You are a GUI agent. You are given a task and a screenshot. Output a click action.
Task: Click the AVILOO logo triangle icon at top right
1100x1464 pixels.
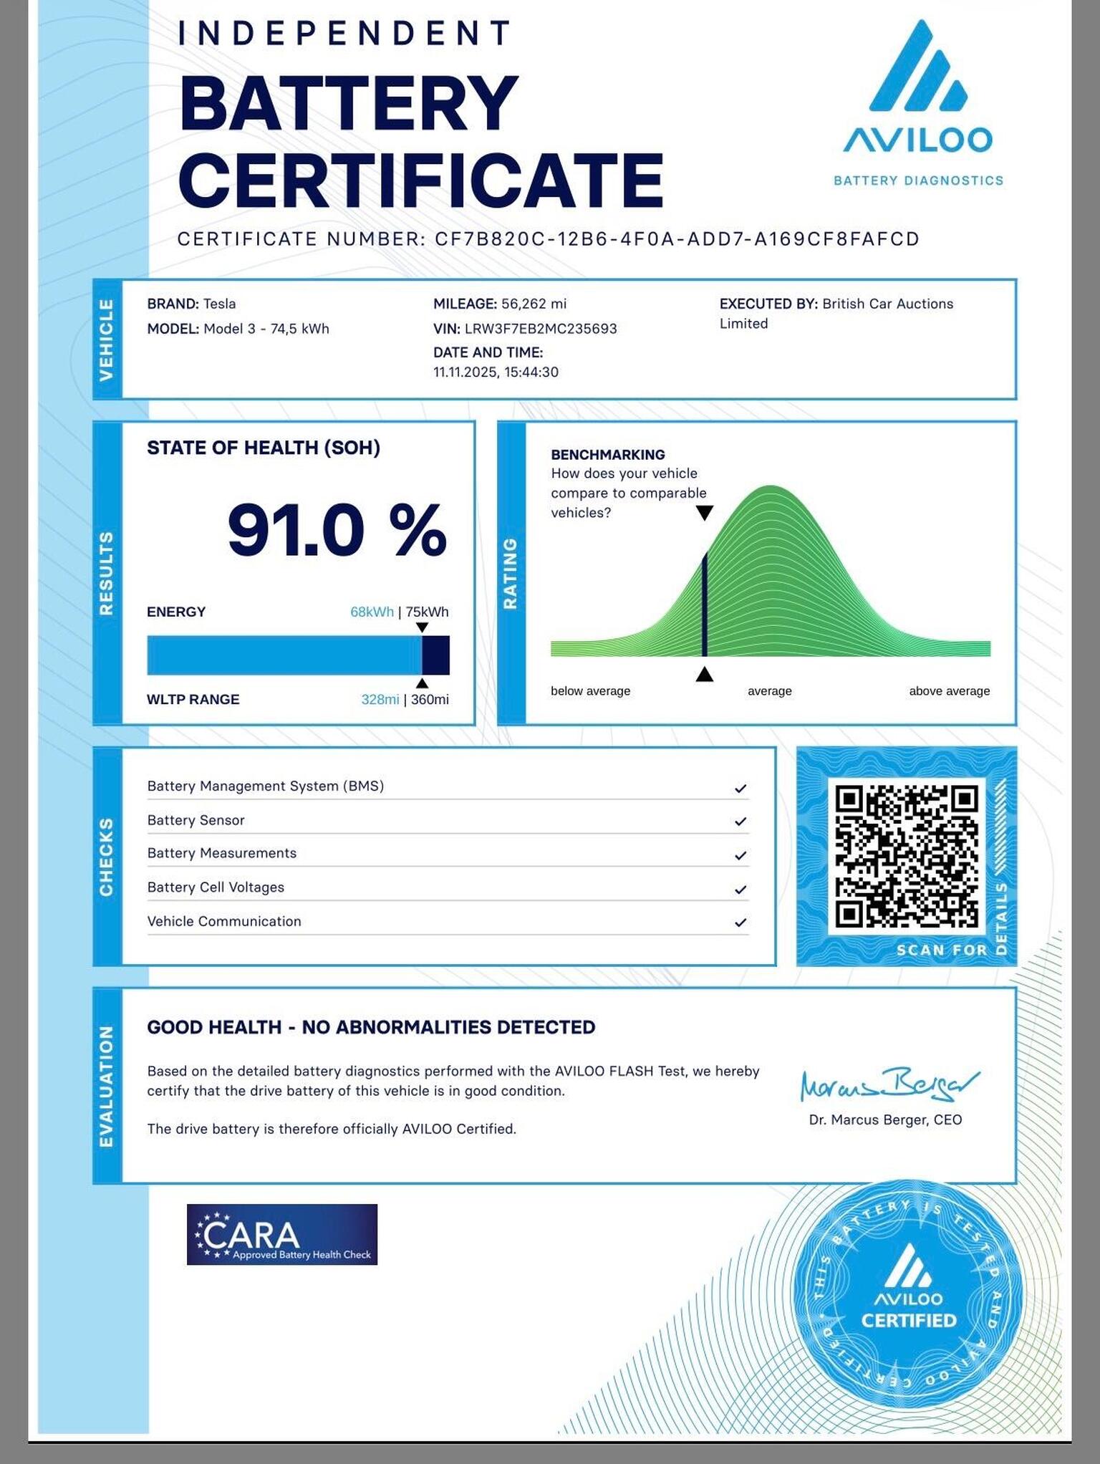point(918,69)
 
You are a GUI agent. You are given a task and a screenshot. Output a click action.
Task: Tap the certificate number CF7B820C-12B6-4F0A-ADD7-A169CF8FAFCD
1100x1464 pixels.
point(677,239)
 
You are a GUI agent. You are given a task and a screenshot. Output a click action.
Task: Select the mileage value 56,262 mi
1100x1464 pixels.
point(534,304)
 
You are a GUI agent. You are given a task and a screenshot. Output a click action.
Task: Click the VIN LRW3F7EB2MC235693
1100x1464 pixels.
point(541,329)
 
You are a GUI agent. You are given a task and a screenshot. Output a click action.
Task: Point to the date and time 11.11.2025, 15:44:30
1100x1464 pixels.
point(496,372)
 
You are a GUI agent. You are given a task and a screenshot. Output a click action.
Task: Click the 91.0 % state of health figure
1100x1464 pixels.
point(337,530)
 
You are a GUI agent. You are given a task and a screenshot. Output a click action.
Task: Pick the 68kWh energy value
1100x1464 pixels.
point(372,612)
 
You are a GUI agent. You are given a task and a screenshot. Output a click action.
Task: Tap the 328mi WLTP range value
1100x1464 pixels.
point(380,699)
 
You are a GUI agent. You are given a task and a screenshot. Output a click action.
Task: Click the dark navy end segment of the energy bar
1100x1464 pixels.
point(435,655)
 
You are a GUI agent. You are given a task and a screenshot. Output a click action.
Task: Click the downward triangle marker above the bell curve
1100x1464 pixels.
point(705,513)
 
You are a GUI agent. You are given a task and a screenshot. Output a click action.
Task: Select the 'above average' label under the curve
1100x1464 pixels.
point(949,691)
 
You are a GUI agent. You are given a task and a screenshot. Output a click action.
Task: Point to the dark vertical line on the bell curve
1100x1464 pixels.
point(705,605)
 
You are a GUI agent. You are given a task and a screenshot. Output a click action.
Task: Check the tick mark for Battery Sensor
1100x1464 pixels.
point(740,822)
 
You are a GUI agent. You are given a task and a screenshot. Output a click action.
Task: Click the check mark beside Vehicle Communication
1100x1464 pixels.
point(740,923)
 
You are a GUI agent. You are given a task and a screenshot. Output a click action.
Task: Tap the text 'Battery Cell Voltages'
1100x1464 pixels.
point(216,887)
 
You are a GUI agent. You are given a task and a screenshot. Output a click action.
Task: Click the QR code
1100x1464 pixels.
point(907,857)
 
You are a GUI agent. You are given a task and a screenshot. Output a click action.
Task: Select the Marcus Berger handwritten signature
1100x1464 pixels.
point(888,1085)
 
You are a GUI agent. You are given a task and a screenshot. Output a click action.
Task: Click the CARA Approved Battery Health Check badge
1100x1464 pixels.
point(282,1234)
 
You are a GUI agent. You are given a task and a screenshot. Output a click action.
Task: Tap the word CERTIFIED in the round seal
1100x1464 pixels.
point(908,1320)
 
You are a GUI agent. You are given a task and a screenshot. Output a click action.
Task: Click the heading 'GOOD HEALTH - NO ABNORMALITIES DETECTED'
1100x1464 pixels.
point(371,1027)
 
